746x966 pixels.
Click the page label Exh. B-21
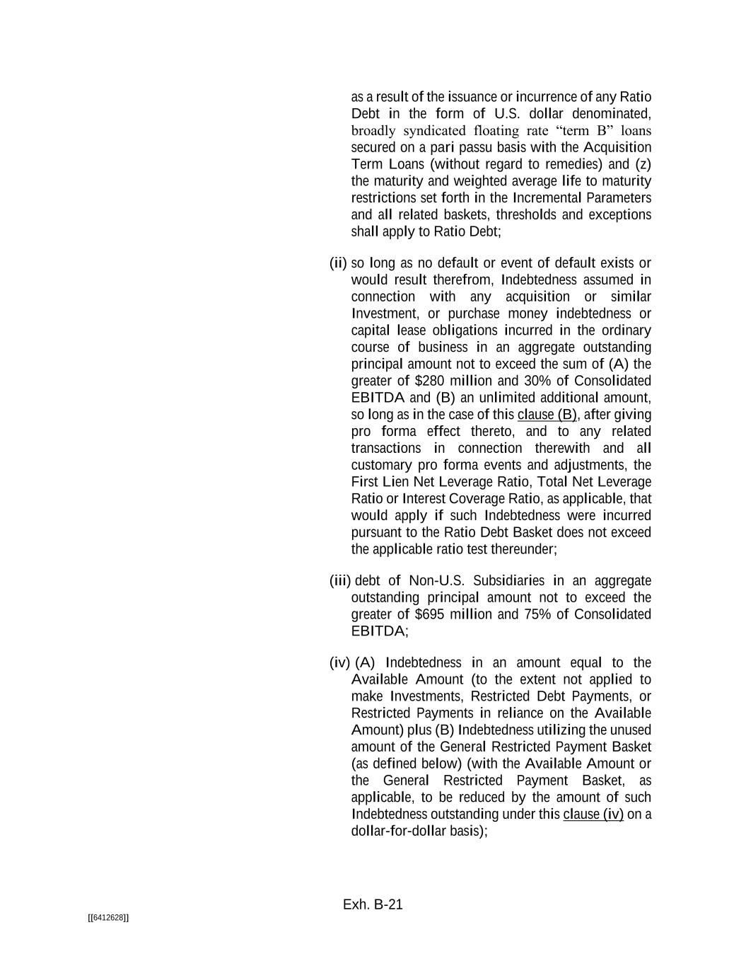tap(373, 904)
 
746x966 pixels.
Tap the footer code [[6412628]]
tap(108, 918)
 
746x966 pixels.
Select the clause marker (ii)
tap(338, 263)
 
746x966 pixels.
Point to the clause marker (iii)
tap(340, 581)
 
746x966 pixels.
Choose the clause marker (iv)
tap(339, 662)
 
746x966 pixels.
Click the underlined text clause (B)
tap(547, 415)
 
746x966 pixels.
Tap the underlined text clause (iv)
tap(593, 814)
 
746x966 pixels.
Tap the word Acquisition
tap(617, 147)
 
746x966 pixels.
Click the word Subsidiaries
tap(508, 581)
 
